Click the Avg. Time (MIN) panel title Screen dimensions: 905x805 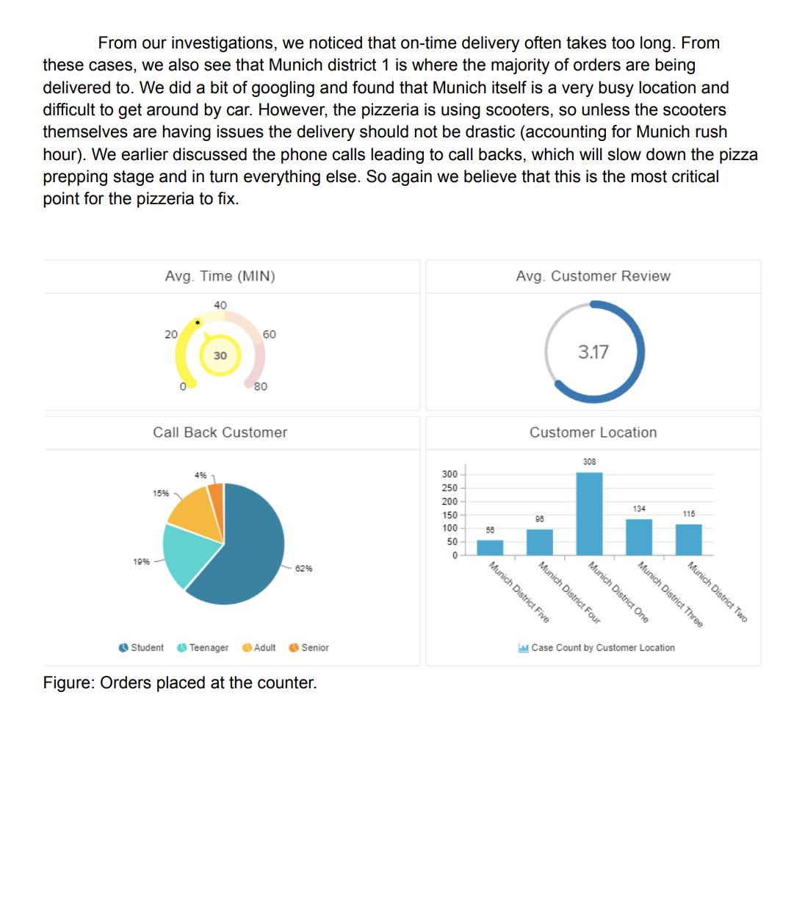(x=220, y=276)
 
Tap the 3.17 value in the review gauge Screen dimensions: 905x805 (x=593, y=353)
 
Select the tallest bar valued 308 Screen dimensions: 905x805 (x=589, y=513)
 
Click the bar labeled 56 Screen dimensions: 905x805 (x=490, y=547)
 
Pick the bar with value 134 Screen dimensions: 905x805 (x=639, y=537)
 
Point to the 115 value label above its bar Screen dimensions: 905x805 (x=689, y=514)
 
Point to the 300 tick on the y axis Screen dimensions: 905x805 (x=450, y=475)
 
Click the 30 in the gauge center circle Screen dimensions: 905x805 (x=220, y=356)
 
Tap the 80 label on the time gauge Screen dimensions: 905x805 (x=261, y=387)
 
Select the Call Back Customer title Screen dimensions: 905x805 (x=220, y=433)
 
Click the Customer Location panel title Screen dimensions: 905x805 (x=593, y=433)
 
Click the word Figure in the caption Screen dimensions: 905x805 (x=68, y=683)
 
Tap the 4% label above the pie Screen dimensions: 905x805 (x=201, y=475)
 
